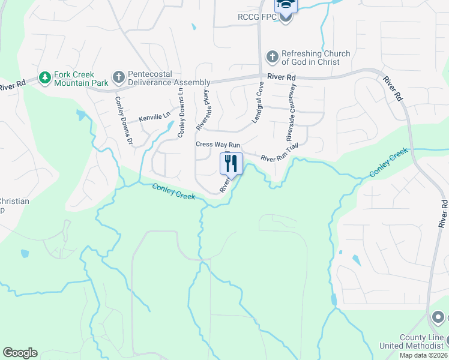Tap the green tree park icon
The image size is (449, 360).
(x=44, y=77)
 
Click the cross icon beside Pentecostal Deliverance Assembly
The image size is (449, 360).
(x=118, y=77)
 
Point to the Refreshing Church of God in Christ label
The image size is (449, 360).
(x=315, y=58)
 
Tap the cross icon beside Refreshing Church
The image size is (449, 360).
(x=272, y=57)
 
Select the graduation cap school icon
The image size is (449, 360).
(x=286, y=5)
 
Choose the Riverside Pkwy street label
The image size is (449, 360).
(x=202, y=110)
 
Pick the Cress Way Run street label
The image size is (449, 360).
(x=218, y=145)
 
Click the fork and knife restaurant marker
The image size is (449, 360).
(x=232, y=163)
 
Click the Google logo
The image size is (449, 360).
(x=20, y=353)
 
